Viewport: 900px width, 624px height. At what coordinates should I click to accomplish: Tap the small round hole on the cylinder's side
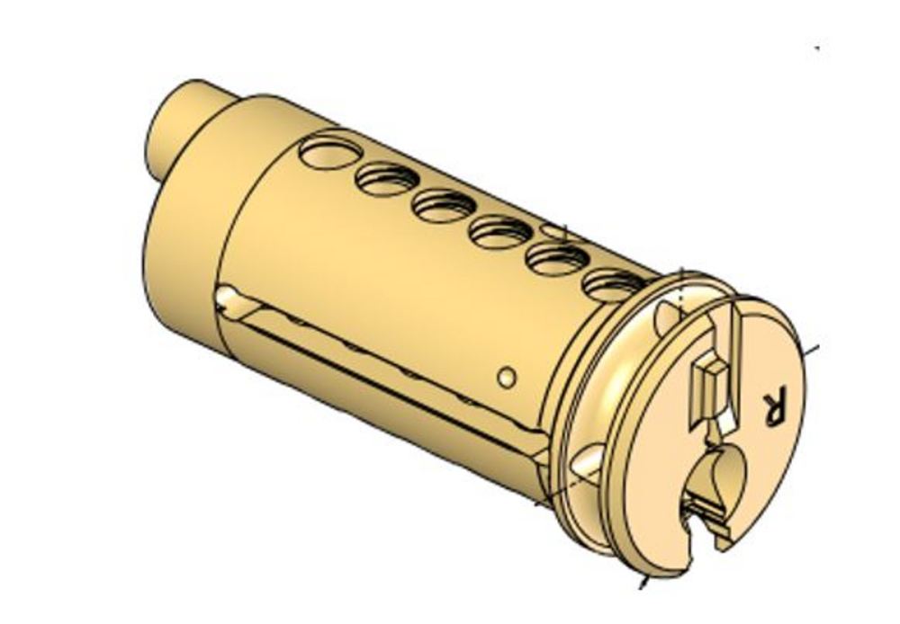(507, 377)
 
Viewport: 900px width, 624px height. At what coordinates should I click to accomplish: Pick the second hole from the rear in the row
(386, 180)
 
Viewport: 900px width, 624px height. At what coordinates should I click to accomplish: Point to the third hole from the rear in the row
(443, 206)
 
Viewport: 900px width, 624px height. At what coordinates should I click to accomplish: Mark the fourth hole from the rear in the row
(500, 233)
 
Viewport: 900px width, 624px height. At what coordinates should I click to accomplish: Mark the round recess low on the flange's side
(585, 461)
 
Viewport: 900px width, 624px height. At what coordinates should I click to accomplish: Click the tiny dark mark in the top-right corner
(816, 48)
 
